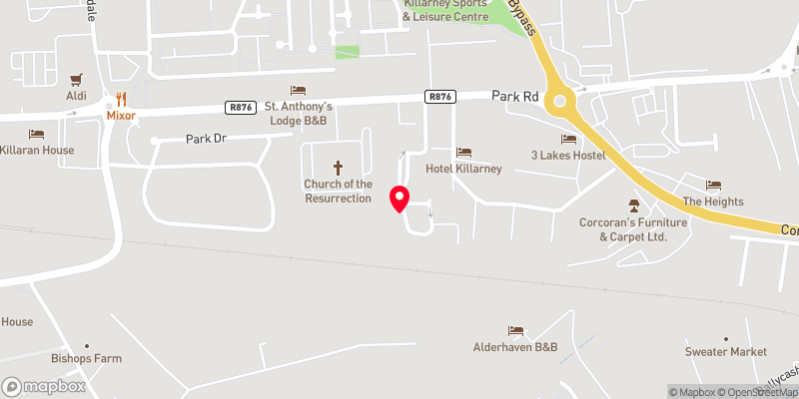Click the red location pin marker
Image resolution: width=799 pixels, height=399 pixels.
click(x=399, y=199)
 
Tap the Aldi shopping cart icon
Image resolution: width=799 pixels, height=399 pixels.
click(x=76, y=80)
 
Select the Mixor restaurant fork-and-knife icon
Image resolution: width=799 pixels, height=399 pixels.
click(x=121, y=99)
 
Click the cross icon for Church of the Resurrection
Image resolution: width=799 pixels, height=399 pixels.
click(x=338, y=168)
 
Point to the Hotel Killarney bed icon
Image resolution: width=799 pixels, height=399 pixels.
click(x=463, y=152)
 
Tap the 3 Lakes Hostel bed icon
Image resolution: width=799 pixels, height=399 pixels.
click(x=569, y=139)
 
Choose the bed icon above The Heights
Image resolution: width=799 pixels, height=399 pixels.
click(x=713, y=185)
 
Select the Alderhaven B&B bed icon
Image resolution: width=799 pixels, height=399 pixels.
click(x=515, y=330)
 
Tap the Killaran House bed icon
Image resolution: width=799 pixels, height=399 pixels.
click(x=37, y=134)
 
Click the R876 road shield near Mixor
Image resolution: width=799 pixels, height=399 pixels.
click(x=240, y=107)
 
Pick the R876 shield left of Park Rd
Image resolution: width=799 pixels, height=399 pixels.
click(x=439, y=97)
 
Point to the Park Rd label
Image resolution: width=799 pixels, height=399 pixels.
click(x=515, y=96)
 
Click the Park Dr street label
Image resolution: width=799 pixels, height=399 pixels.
click(x=207, y=140)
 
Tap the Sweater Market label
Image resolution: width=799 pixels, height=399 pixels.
click(x=726, y=352)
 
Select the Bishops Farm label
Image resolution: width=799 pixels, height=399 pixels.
click(x=85, y=357)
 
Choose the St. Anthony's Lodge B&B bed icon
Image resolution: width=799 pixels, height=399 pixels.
click(x=298, y=91)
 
